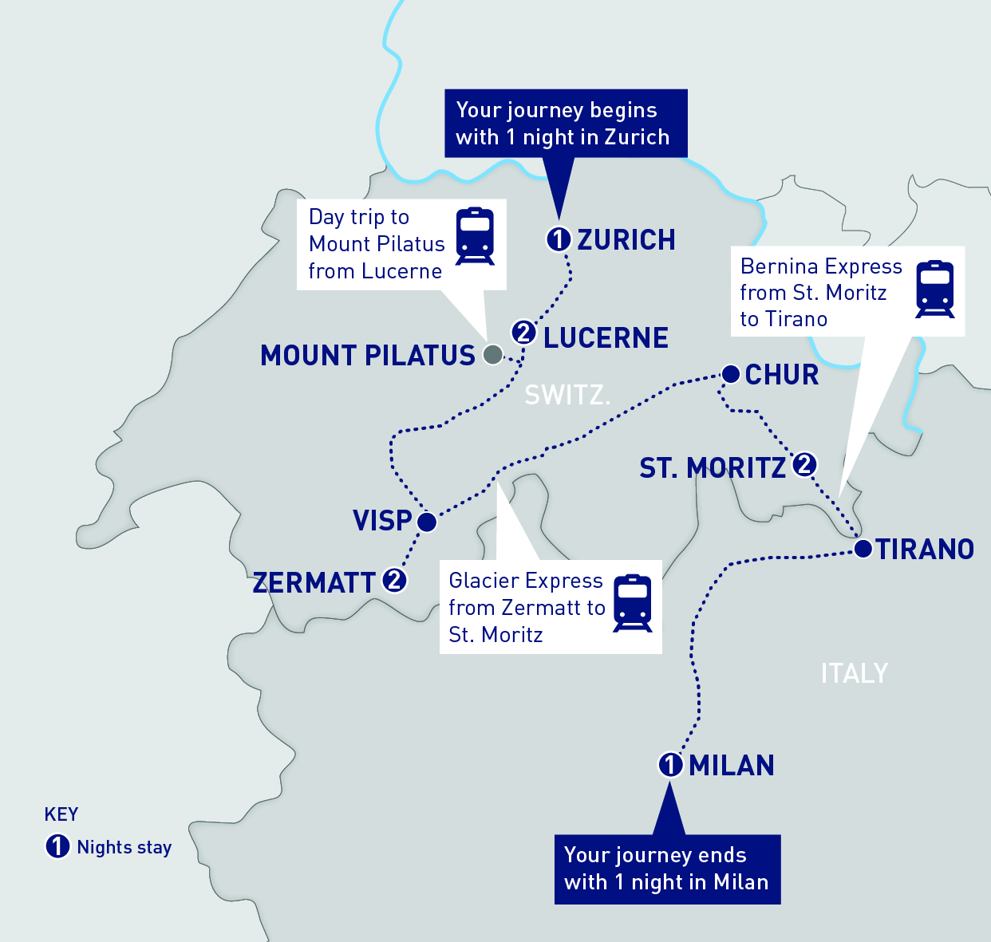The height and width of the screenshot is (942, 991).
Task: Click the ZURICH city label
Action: click(x=626, y=239)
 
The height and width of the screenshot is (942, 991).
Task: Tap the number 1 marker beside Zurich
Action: click(x=559, y=238)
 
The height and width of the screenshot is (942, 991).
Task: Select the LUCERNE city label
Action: click(x=606, y=338)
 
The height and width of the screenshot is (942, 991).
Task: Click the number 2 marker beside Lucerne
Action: click(x=524, y=332)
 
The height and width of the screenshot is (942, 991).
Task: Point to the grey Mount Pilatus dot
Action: click(x=493, y=354)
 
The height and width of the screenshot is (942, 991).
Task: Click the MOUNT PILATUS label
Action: click(x=368, y=356)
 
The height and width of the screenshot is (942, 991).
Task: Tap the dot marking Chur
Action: click(x=730, y=373)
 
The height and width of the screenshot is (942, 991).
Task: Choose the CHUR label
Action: click(x=782, y=375)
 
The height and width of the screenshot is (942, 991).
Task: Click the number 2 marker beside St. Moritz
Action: click(x=804, y=463)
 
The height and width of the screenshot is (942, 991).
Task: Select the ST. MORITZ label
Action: click(x=713, y=468)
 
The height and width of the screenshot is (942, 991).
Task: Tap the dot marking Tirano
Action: click(x=863, y=549)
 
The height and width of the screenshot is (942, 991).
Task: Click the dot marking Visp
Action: click(x=427, y=522)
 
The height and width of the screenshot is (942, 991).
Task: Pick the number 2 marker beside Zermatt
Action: click(x=394, y=580)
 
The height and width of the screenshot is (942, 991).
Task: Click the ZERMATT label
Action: click(x=314, y=583)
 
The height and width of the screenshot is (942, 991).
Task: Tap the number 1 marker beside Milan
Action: click(x=670, y=764)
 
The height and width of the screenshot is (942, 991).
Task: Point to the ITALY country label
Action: click(x=854, y=673)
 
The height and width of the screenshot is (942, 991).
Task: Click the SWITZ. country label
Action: click(x=567, y=395)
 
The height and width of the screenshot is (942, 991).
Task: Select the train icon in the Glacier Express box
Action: click(x=633, y=603)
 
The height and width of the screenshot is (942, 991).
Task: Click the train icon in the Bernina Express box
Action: click(x=935, y=289)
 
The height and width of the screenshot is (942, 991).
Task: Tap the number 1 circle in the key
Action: click(x=57, y=846)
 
